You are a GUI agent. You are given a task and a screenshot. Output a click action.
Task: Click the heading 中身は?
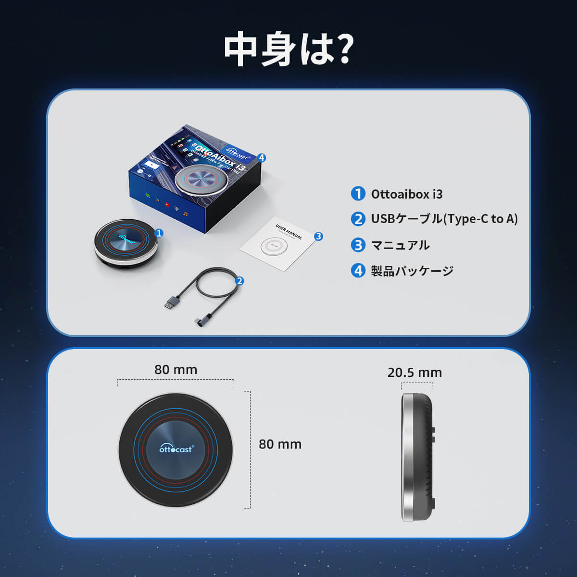pos(288,50)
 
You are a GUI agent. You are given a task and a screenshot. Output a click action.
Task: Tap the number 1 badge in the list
pos(358,194)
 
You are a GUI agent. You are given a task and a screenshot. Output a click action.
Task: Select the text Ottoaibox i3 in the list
pos(407,194)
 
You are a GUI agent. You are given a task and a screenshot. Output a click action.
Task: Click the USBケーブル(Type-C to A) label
pos(444,219)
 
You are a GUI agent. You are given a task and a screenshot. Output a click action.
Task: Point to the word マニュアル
pos(401,245)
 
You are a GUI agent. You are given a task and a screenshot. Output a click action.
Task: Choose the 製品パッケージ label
pos(412,271)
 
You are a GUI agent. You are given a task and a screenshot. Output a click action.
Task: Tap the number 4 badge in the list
pos(358,271)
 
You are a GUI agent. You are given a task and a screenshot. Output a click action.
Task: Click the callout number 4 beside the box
pos(262,158)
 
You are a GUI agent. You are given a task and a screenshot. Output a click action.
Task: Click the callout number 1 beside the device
pos(159,233)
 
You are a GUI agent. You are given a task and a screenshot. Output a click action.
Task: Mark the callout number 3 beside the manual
pos(318,236)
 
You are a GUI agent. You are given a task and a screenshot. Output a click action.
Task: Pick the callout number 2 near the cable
pos(239,281)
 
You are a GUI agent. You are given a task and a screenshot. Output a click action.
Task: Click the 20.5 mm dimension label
pos(414,373)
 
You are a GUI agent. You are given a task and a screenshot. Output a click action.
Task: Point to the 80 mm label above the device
pos(176,370)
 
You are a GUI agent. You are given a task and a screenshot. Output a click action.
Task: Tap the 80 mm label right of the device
pos(280,444)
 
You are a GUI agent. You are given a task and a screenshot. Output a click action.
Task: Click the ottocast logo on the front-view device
pos(176,448)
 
